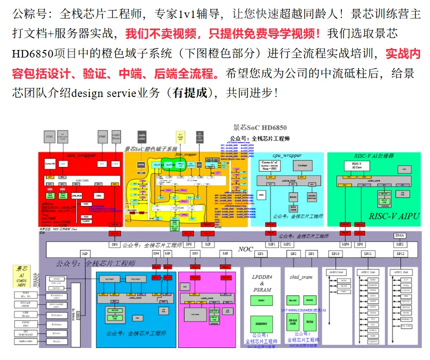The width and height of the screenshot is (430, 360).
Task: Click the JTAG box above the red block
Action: [49, 135]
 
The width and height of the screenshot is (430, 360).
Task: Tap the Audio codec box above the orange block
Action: [142, 135]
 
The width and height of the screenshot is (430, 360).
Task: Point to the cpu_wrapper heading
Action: [287, 155]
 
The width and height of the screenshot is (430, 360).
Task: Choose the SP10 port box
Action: [335, 254]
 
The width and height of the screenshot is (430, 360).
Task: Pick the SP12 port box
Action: [399, 254]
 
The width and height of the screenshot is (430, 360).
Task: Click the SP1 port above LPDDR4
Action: [260, 254]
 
